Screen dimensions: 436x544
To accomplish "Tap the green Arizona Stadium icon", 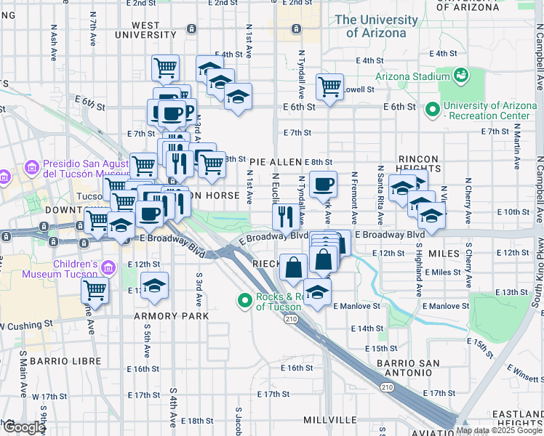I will pyautogui.click(x=460, y=75).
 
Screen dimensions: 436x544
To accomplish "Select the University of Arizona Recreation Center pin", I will pyautogui.click(x=433, y=110).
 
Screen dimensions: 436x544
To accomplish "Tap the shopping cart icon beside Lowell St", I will pyautogui.click(x=330, y=86).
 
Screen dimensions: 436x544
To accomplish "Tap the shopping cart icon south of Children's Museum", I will pyautogui.click(x=95, y=290).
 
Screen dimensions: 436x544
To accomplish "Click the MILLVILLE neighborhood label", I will pyautogui.click(x=330, y=421).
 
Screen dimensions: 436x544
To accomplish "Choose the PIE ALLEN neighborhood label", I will pyautogui.click(x=276, y=162).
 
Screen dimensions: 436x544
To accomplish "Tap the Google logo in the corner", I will pyautogui.click(x=23, y=427).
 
